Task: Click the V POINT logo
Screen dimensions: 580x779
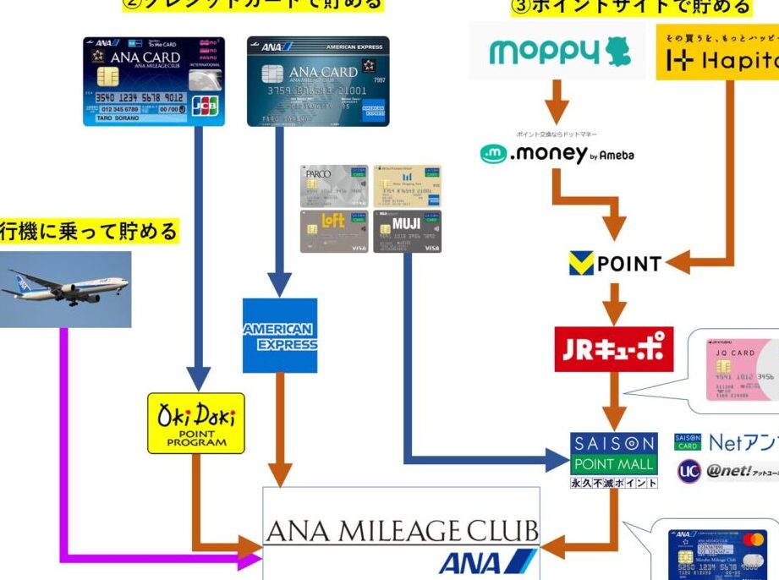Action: pyautogui.click(x=615, y=264)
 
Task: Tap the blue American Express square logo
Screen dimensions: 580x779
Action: pyautogui.click(x=279, y=336)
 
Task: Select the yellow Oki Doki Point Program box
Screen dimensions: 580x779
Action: pyautogui.click(x=196, y=423)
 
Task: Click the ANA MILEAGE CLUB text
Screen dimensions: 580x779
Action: pyautogui.click(x=401, y=531)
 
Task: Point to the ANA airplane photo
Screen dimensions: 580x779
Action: pyautogui.click(x=66, y=288)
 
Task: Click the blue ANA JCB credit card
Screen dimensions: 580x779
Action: pyautogui.click(x=153, y=81)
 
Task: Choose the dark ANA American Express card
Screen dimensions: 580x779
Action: pyautogui.click(x=318, y=81)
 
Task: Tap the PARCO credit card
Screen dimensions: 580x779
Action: pyautogui.click(x=334, y=186)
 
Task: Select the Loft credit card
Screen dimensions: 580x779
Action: pyautogui.click(x=334, y=232)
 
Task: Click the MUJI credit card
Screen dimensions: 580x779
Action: pyautogui.click(x=407, y=232)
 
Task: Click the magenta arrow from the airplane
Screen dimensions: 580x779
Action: pyautogui.click(x=64, y=440)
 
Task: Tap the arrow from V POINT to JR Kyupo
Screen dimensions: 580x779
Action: pyautogui.click(x=615, y=302)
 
